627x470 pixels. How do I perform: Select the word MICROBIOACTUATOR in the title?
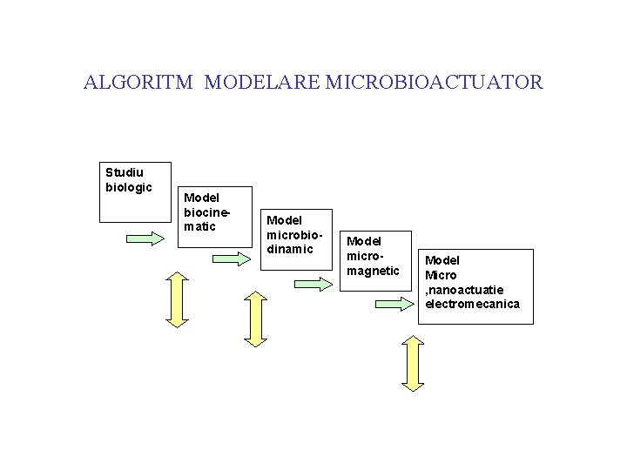click(434, 83)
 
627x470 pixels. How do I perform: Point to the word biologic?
click(129, 187)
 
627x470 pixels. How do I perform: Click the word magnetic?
click(373, 271)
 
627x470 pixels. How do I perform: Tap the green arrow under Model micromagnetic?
click(394, 303)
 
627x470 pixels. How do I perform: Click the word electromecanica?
click(472, 304)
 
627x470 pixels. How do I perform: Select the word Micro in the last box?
click(441, 275)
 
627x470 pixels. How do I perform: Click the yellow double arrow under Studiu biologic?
click(177, 299)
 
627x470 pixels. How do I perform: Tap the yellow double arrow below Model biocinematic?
click(256, 319)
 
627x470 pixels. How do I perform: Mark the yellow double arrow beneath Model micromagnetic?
click(412, 363)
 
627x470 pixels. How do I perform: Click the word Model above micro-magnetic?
click(364, 240)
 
